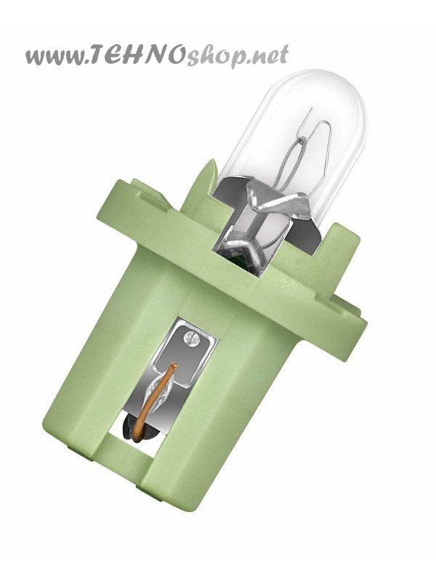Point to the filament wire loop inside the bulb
[300, 152]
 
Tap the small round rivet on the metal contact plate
[192, 337]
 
